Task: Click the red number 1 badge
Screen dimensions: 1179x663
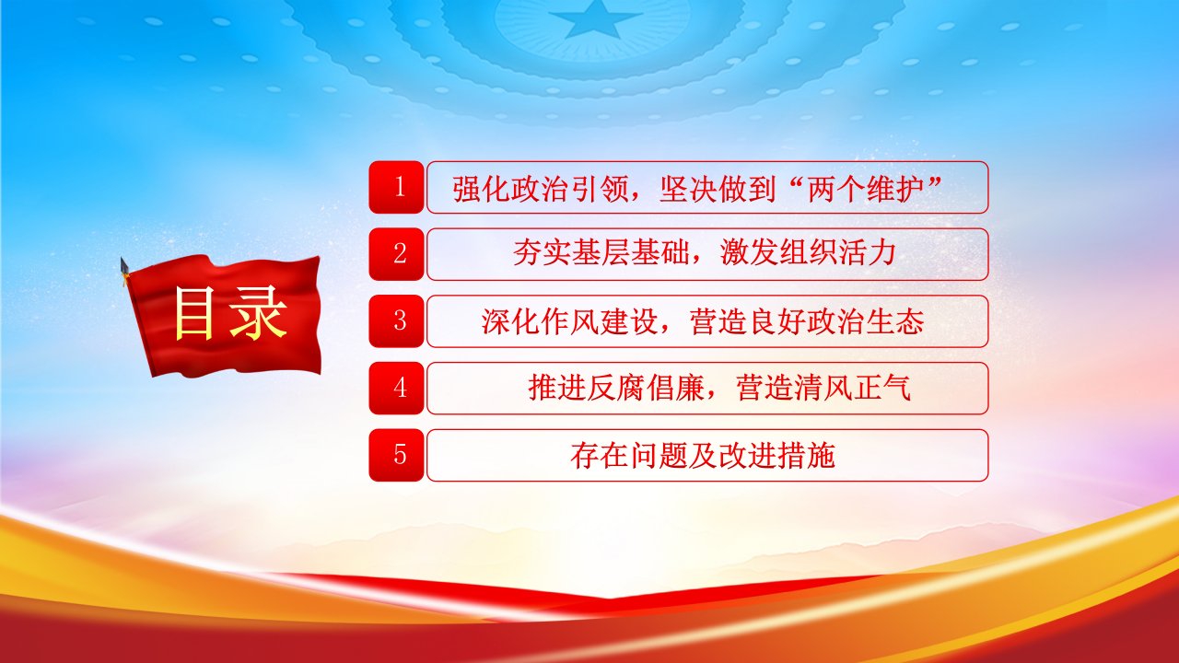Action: point(396,187)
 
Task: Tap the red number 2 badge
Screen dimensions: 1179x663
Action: point(396,254)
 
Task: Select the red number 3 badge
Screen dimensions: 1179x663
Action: point(396,321)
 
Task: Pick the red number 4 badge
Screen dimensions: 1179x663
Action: point(396,389)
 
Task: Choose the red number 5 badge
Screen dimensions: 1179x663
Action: point(396,455)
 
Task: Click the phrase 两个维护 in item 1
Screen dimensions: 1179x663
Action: point(867,189)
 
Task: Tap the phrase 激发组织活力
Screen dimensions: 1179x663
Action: point(808,253)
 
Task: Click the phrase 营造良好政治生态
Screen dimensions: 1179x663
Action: point(806,321)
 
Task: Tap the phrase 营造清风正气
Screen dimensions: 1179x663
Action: point(823,389)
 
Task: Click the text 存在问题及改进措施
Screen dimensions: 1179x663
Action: point(703,456)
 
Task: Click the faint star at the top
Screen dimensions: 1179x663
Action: point(592,19)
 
